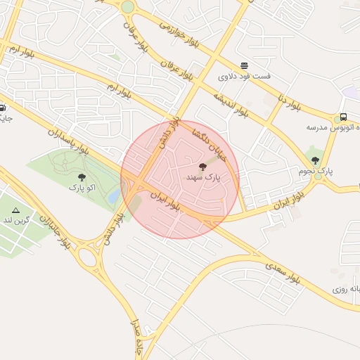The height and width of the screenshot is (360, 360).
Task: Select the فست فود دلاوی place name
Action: click(x=244, y=76)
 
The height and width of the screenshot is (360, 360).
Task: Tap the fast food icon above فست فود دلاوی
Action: click(x=244, y=65)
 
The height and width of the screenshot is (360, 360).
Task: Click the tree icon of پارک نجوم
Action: click(x=314, y=160)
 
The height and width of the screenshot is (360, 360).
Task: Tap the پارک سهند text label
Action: click(x=203, y=178)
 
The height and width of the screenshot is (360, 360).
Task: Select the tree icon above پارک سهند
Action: click(x=203, y=167)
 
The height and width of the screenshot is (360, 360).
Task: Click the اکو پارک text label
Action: click(x=82, y=188)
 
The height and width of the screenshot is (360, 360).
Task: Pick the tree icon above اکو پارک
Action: click(x=82, y=177)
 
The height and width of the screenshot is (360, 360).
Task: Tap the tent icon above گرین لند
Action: click(x=15, y=210)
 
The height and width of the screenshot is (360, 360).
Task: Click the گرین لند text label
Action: click(x=15, y=221)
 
